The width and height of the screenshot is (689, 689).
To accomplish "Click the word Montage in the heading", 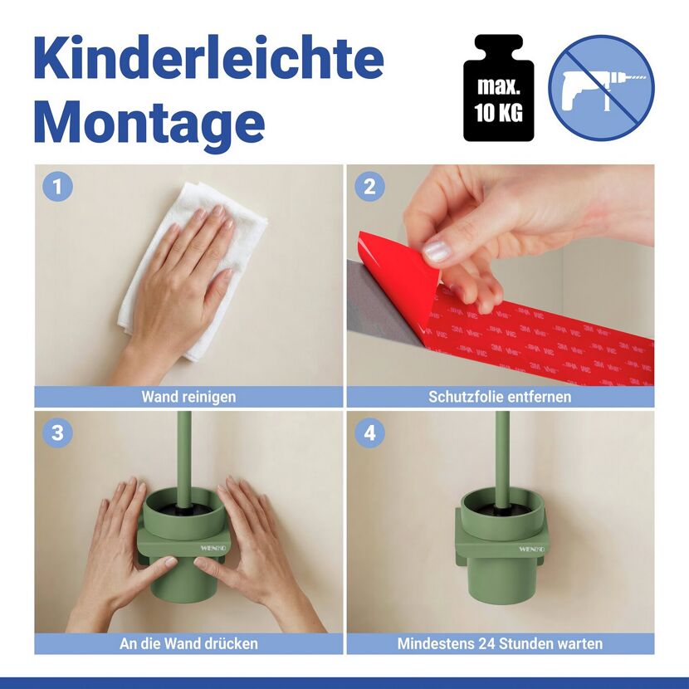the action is point(149,120).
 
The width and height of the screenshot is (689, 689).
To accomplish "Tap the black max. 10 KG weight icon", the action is point(499,88).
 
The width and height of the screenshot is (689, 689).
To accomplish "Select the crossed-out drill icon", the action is point(601,88).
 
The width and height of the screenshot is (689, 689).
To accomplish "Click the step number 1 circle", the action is point(57,187).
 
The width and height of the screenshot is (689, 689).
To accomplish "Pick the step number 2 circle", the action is point(370,187).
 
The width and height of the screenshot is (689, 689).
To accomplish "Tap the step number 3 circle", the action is point(57,432).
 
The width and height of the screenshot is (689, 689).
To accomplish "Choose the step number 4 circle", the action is point(370,432).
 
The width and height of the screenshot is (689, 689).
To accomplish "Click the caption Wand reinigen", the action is point(188,397).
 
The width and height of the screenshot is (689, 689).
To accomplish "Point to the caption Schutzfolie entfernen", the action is point(500,397).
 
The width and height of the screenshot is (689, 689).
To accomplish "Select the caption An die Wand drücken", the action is point(188,643).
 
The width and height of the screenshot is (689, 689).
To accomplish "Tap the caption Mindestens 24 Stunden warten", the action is point(500,643).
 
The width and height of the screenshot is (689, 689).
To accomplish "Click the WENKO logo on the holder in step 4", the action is point(531,549).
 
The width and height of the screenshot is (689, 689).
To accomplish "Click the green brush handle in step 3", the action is point(184,459).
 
